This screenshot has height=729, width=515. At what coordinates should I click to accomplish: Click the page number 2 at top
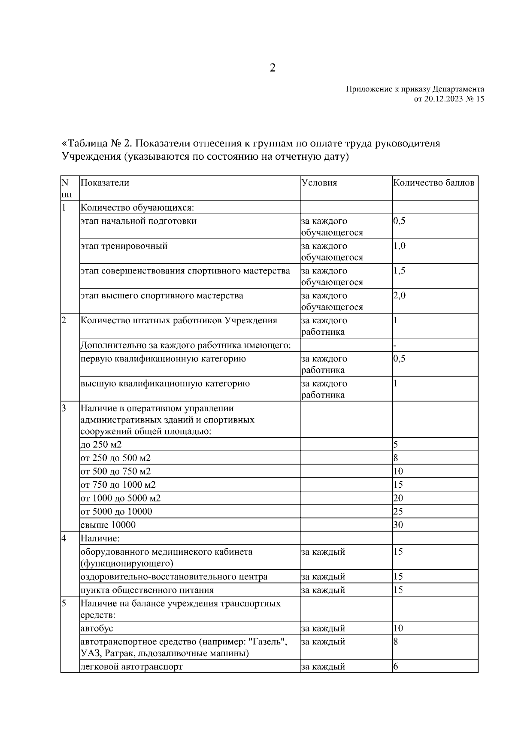pyautogui.click(x=273, y=68)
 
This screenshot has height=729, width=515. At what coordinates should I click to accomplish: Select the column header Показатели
pyautogui.click(x=105, y=182)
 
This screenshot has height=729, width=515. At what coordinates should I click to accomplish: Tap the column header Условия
pyautogui.click(x=319, y=182)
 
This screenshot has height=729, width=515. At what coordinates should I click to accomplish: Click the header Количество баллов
pyautogui.click(x=433, y=182)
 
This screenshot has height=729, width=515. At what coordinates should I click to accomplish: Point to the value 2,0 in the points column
pyautogui.click(x=399, y=295)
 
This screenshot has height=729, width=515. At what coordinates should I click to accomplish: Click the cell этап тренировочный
pyautogui.click(x=124, y=246)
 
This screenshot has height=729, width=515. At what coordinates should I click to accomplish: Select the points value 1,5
pyautogui.click(x=399, y=270)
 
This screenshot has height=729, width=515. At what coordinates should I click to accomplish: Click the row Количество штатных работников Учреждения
pyautogui.click(x=179, y=320)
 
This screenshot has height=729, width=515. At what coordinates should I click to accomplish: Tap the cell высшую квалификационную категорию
pyautogui.click(x=165, y=383)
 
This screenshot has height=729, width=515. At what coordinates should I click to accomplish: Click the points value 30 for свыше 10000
pyautogui.click(x=398, y=525)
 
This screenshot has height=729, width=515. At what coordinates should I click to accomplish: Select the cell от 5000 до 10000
pyautogui.click(x=116, y=511)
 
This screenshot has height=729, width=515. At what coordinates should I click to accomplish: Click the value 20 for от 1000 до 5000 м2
pyautogui.click(x=398, y=498)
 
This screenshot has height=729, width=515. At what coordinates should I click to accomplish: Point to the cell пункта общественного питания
pyautogui.click(x=147, y=590)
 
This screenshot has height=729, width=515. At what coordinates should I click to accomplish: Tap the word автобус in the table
pyautogui.click(x=97, y=628)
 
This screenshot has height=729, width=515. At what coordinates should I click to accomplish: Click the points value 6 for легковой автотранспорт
pyautogui.click(x=396, y=667)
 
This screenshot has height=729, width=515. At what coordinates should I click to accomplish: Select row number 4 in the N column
pyautogui.click(x=64, y=538)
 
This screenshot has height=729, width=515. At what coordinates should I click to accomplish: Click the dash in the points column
pyautogui.click(x=394, y=345)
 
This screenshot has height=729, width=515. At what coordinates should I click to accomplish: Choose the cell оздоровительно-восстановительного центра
pyautogui.click(x=174, y=577)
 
